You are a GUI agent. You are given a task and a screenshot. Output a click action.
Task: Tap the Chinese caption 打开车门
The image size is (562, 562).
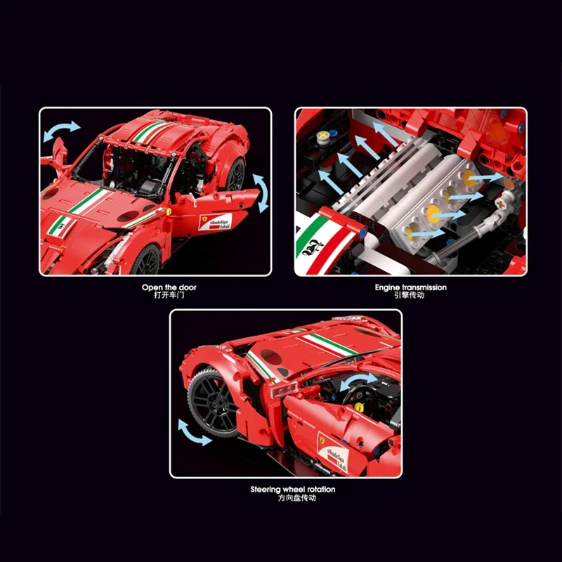(155, 295)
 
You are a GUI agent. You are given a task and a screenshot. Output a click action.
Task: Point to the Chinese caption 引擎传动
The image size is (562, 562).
(410, 295)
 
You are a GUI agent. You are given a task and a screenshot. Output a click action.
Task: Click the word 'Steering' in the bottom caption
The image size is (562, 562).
(268, 489)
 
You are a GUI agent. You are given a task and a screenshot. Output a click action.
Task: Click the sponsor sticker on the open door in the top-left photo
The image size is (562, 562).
(216, 223)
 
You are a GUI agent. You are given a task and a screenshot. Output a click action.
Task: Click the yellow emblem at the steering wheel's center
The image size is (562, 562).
(360, 405)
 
